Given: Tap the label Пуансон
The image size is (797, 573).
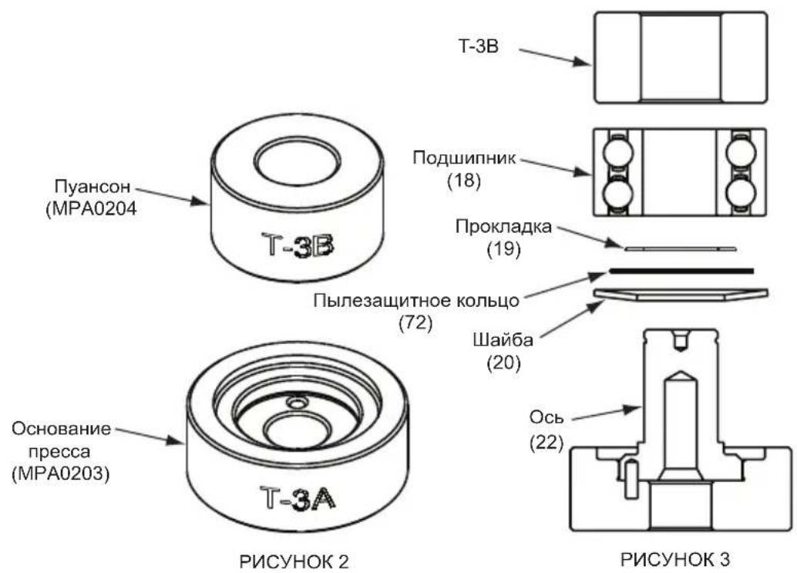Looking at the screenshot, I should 88,186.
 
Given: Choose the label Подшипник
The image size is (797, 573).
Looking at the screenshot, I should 464,158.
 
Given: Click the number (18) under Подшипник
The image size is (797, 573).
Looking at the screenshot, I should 462,180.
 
